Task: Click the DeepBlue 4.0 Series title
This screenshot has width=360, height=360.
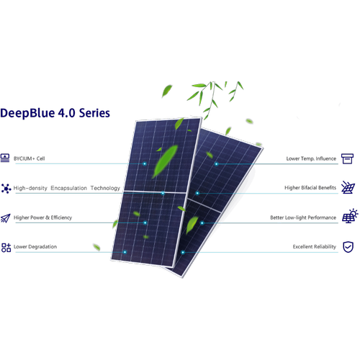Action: click(55, 113)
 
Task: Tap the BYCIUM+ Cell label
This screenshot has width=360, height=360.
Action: click(30, 158)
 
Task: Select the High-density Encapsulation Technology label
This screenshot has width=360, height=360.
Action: click(67, 188)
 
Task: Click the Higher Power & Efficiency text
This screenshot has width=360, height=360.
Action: click(42, 217)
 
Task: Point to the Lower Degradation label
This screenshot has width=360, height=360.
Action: click(35, 247)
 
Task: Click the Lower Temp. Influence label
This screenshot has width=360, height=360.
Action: click(311, 158)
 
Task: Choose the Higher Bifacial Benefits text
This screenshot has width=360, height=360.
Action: click(310, 188)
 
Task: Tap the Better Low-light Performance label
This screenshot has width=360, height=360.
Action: click(303, 217)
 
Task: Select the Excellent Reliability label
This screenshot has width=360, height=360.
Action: click(315, 247)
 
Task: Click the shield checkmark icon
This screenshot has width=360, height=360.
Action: click(348, 247)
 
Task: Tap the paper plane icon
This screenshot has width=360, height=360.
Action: click(6, 218)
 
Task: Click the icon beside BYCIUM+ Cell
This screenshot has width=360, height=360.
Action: click(5, 158)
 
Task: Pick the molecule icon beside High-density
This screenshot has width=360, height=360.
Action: click(6, 189)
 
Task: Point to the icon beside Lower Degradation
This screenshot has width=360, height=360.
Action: click(6, 248)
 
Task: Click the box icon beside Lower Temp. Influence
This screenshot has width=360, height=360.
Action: click(347, 158)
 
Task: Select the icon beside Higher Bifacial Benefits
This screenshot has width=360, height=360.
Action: click(348, 187)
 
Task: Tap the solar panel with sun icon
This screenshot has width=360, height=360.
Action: click(350, 216)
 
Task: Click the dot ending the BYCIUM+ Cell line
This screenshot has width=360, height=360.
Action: click(145, 163)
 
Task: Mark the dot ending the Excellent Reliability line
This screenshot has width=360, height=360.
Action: click(183, 252)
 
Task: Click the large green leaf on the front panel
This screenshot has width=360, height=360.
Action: click(165, 161)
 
